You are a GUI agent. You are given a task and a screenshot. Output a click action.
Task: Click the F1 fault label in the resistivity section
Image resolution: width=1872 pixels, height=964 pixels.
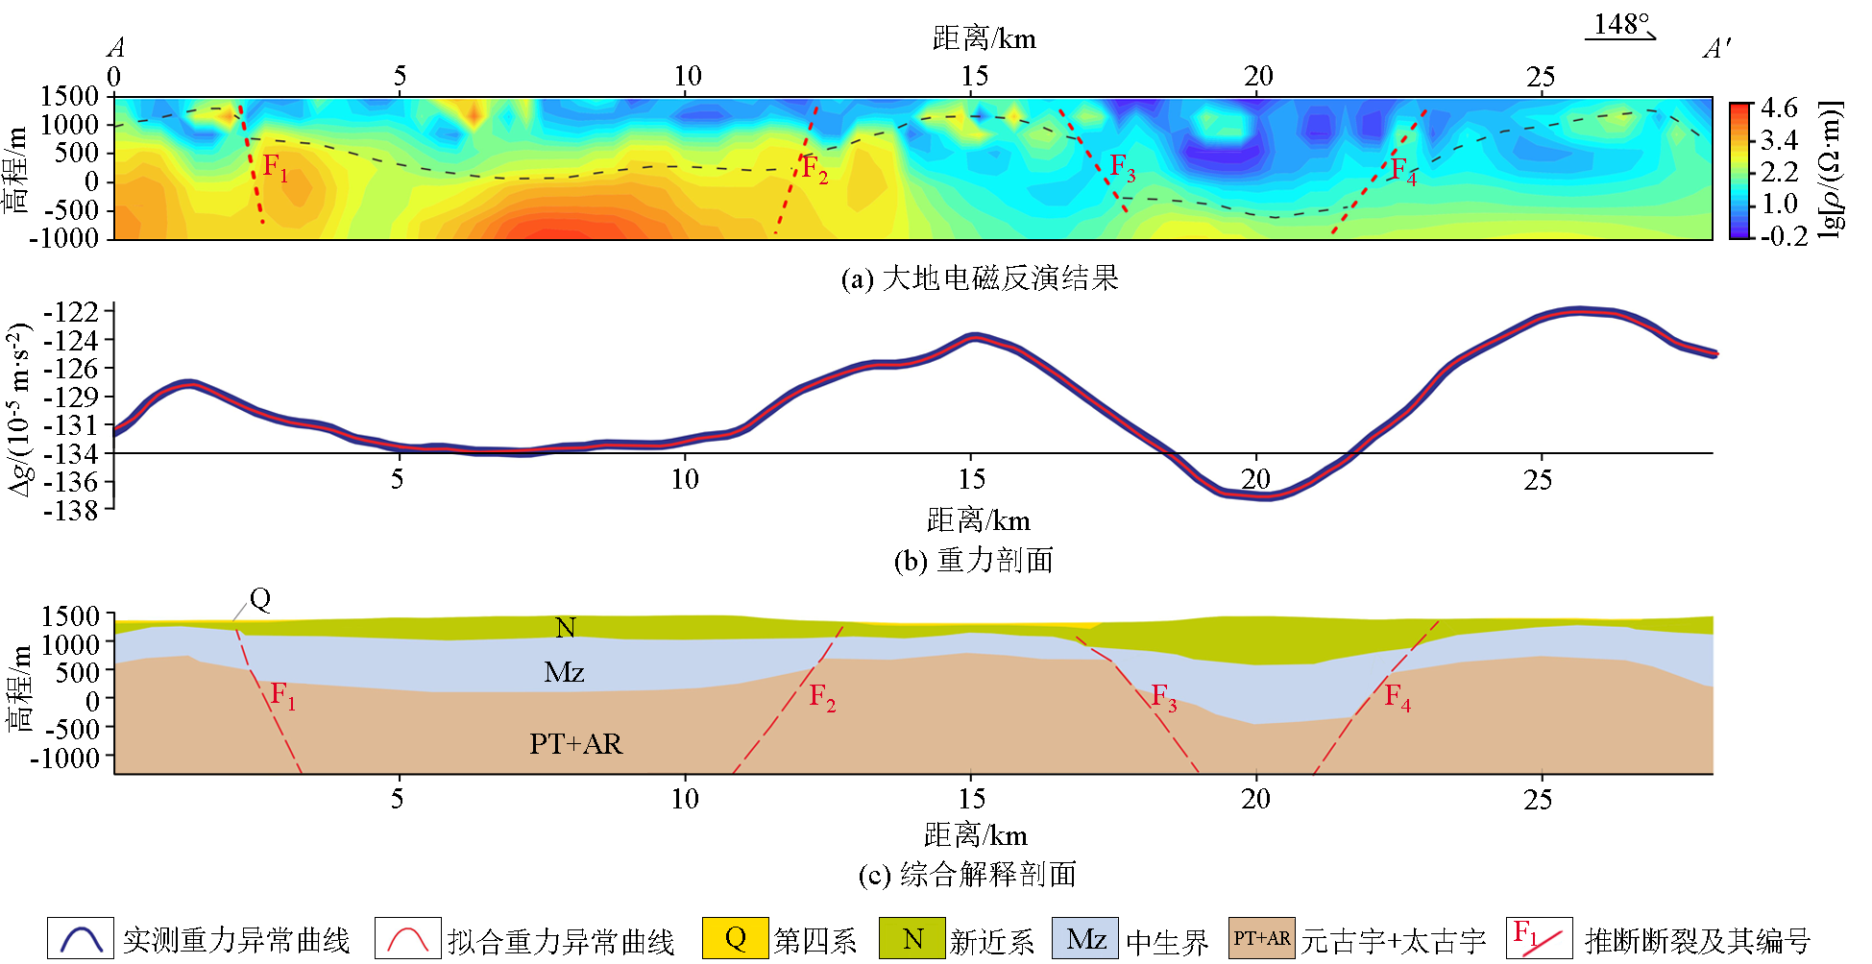[x=275, y=169]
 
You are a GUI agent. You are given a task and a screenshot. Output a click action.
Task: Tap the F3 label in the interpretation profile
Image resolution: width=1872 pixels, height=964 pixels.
[x=1163, y=697]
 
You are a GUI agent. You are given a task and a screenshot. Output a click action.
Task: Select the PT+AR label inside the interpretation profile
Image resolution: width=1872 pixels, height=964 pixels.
[x=575, y=744]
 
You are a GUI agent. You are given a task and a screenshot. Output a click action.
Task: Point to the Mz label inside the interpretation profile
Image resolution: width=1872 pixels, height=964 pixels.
[x=564, y=672]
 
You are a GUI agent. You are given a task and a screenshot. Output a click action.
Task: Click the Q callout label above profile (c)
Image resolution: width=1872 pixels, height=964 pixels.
[x=260, y=599]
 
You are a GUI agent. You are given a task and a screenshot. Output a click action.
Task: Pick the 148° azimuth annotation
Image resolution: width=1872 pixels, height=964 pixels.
[x=1621, y=24]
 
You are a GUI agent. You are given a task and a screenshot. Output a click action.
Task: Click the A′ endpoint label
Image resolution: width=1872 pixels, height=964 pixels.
[x=1716, y=49]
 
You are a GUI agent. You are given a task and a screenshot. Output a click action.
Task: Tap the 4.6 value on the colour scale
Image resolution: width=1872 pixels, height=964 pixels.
[x=1779, y=108]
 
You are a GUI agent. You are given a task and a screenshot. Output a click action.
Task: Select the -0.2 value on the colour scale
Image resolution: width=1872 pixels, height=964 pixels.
[x=1783, y=235]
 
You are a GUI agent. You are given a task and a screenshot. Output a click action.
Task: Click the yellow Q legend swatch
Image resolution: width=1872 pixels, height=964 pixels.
[x=735, y=938]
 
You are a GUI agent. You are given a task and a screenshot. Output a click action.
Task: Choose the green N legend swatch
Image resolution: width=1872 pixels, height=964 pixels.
[x=912, y=938]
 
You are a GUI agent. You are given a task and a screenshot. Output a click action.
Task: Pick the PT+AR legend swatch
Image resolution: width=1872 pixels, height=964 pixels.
[x=1261, y=938]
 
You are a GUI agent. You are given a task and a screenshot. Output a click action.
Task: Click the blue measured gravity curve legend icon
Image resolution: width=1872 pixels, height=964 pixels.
[x=81, y=938]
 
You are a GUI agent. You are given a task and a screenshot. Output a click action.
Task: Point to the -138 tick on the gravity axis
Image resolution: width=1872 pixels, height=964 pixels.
[x=72, y=510]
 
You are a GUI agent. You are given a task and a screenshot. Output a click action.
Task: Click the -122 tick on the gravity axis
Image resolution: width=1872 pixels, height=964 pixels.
[x=72, y=312]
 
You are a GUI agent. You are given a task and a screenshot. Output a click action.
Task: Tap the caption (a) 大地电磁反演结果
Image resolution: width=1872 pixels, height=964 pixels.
[x=979, y=278]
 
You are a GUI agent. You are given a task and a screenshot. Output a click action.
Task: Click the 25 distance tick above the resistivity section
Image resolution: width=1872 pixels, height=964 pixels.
[x=1541, y=77]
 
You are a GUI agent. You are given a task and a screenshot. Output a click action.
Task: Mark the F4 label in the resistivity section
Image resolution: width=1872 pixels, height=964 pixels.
[x=1403, y=172]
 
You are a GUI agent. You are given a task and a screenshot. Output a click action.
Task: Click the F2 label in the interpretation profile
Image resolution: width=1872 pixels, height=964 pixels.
[x=822, y=697]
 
